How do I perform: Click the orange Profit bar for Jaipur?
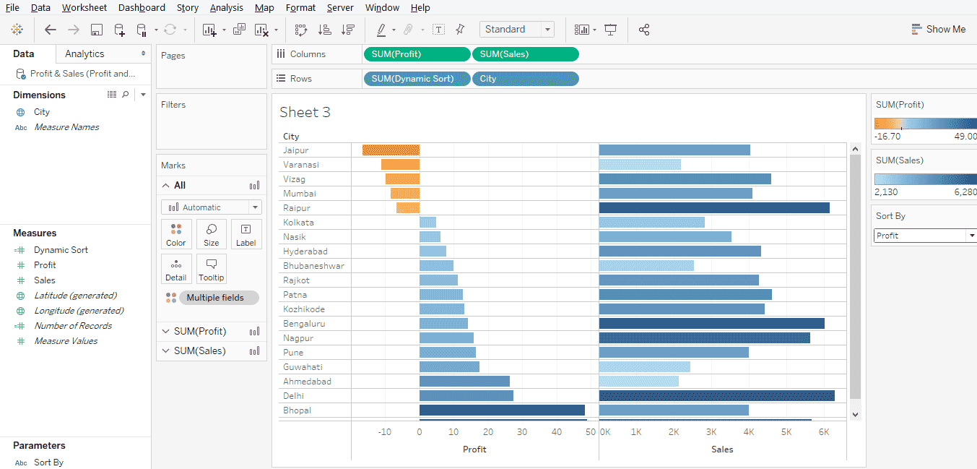(x=391, y=150)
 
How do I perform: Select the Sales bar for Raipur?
(x=714, y=208)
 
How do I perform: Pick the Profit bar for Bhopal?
(x=502, y=410)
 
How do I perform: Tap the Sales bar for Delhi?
(x=716, y=396)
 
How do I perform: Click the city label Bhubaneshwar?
(x=313, y=266)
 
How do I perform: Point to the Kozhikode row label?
(x=304, y=309)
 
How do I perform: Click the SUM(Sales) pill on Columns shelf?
(x=525, y=54)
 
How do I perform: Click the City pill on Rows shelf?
(x=525, y=79)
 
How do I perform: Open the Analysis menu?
(x=226, y=8)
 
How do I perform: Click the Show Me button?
(x=938, y=30)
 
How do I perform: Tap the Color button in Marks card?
(x=175, y=234)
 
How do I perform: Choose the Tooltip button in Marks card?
(x=211, y=269)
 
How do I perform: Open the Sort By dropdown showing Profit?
(x=925, y=236)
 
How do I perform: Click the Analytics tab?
(x=84, y=54)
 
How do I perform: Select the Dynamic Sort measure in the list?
(x=61, y=250)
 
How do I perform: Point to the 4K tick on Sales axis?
(x=749, y=432)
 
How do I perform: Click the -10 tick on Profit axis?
(x=384, y=432)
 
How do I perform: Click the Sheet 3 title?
(x=305, y=113)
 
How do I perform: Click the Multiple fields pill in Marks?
(x=214, y=298)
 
